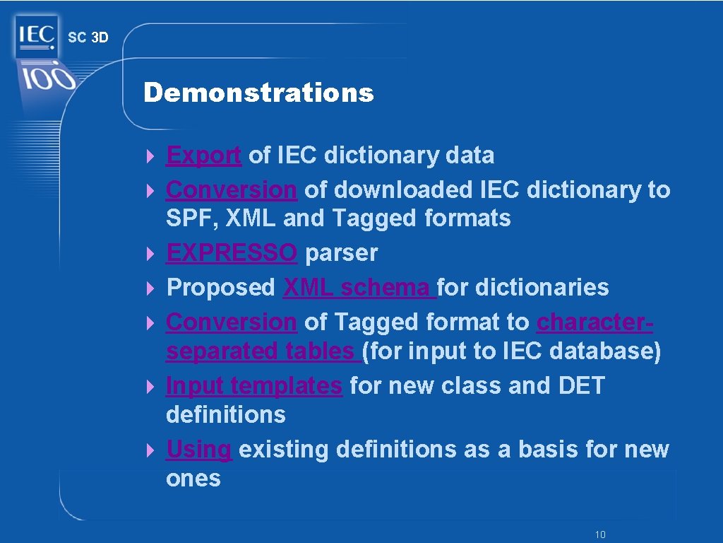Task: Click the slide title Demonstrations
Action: coord(258,93)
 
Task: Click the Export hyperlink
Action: coord(203,155)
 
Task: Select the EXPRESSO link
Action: coord(232,252)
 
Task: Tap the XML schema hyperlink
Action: coord(359,287)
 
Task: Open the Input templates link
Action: coord(253,385)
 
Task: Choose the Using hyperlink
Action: coord(198,449)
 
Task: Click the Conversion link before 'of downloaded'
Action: coord(232,189)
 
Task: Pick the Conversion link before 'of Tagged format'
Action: coord(232,322)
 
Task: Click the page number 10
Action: coord(600,535)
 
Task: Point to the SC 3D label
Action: coord(88,37)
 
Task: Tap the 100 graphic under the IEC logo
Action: coord(47,78)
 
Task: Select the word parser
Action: coord(341,252)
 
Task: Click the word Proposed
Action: coord(221,287)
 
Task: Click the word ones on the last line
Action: coord(193,478)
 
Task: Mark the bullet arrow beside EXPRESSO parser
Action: coord(150,253)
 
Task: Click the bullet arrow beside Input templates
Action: coord(150,386)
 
